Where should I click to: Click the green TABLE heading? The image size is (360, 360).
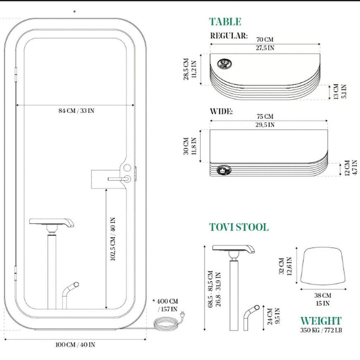225,22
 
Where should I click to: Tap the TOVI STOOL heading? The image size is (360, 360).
239,227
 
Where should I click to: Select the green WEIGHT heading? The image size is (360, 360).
321,321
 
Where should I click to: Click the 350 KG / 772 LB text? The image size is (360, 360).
321,330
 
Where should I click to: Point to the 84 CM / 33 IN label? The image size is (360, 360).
76,111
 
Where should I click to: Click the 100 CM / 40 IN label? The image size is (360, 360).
75,345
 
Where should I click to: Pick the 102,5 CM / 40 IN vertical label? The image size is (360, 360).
113,239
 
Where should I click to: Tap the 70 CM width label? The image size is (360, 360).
265,39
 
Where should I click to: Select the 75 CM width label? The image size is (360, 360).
265,116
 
